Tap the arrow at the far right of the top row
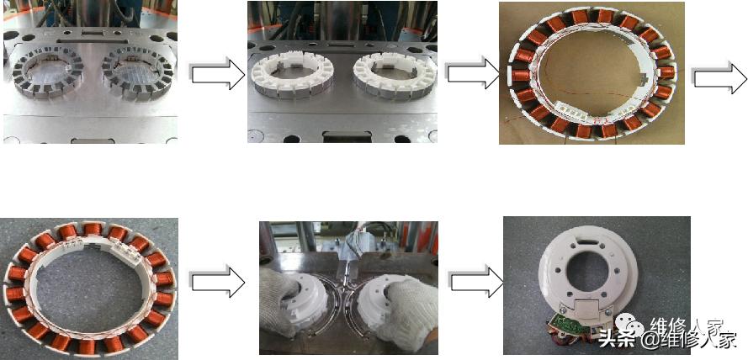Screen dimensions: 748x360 (719, 77)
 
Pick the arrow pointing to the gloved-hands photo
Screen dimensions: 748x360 (218, 284)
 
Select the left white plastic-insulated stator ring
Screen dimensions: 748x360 (292, 77)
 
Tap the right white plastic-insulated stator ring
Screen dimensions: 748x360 (395, 77)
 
